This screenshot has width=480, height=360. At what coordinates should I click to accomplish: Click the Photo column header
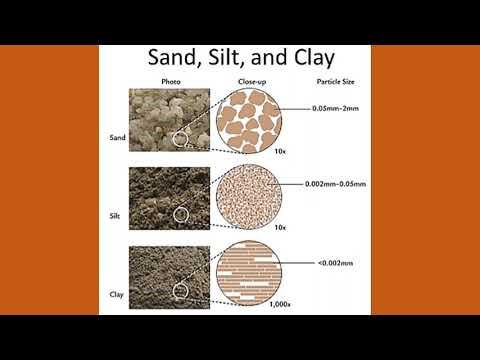[170, 81]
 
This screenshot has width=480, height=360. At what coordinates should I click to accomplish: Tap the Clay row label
[116, 294]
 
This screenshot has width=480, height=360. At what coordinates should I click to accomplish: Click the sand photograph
[171, 120]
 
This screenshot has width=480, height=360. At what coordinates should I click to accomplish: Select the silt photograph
[171, 199]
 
